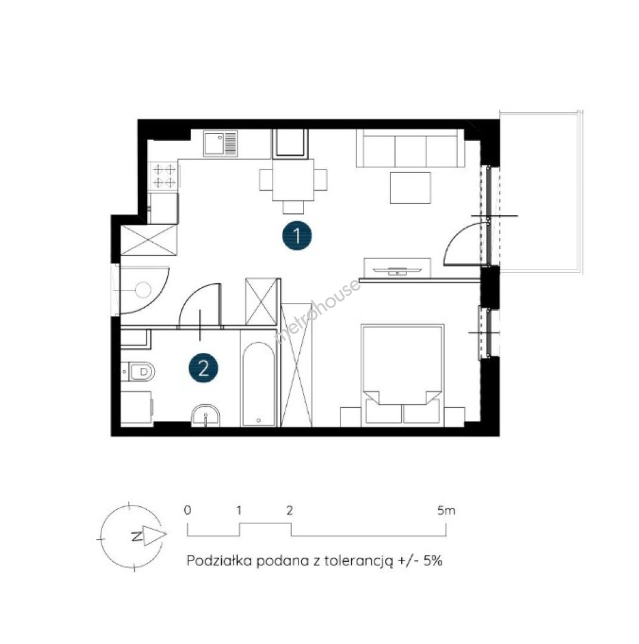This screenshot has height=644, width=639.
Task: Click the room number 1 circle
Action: point(297,236)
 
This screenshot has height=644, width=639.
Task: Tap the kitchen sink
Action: point(221,143)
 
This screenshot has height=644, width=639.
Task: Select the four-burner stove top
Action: point(165,175)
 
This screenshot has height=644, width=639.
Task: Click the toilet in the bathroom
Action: point(138,371)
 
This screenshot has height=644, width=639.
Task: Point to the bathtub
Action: point(258,384)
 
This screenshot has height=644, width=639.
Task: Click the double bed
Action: point(402,374)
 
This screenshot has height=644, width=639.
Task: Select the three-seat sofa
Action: point(410,148)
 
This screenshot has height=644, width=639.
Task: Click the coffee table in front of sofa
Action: point(410,188)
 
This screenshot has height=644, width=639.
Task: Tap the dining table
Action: point(293,179)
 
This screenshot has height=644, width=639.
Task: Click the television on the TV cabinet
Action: point(397,270)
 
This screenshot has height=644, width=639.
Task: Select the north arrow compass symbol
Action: point(134,537)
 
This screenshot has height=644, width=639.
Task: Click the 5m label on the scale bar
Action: point(446,510)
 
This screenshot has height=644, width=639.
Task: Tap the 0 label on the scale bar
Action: point(187,510)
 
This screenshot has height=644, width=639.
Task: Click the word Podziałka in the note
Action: point(219,561)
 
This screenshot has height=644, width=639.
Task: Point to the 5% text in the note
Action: point(432,561)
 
